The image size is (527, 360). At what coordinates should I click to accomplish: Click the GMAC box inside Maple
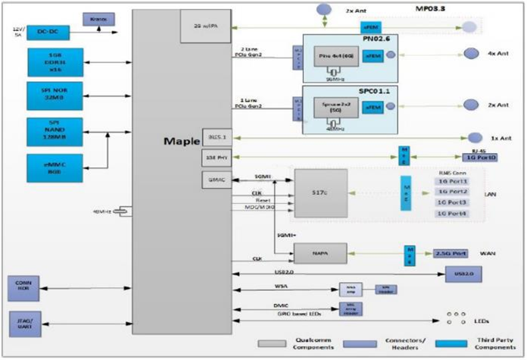pos(212,180)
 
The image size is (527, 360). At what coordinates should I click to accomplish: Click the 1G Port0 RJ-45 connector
pos(481,157)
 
